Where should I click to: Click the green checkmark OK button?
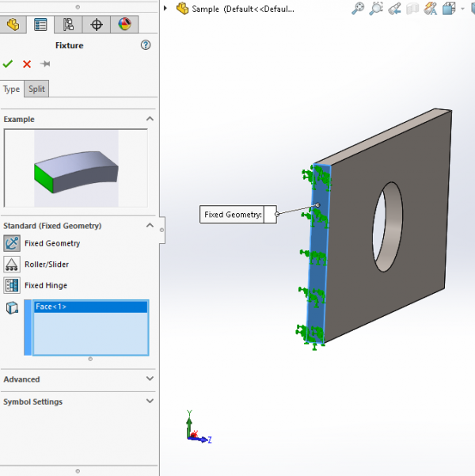point(8,64)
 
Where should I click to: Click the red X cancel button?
point(27,64)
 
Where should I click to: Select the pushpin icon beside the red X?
point(45,64)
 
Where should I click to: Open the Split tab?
point(36,89)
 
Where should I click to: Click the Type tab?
point(12,89)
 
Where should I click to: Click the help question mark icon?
point(146,45)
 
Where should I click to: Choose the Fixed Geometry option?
point(51,244)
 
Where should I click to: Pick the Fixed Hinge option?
point(46,285)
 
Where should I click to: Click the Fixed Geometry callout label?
point(233,215)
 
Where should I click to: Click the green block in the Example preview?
point(44,177)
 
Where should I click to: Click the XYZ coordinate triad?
point(194,429)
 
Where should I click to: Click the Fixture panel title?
point(69,45)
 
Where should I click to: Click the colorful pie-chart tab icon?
point(124,24)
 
